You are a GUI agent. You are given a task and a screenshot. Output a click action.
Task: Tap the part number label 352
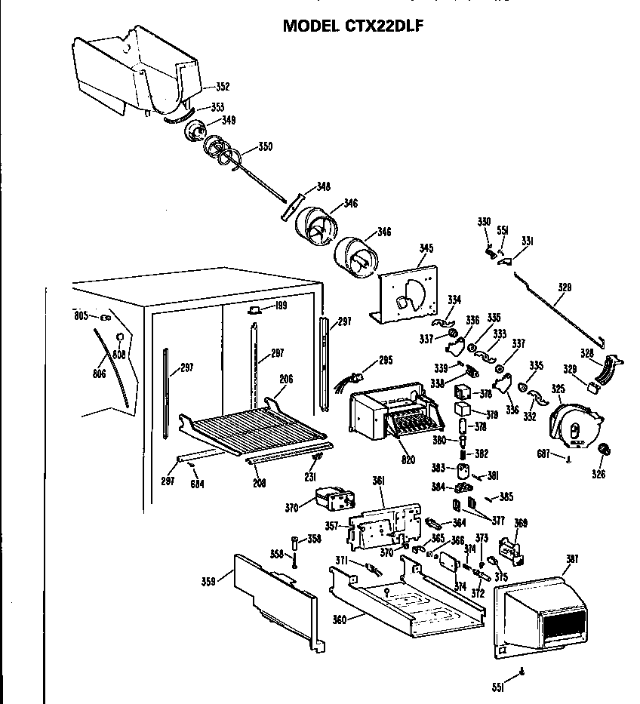223,85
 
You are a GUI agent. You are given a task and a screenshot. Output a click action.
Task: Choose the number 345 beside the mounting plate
426,248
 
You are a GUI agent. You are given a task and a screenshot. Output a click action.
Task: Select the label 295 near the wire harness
386,361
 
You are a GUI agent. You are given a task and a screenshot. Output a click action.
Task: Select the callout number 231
309,477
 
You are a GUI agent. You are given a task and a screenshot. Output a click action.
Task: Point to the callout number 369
521,522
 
